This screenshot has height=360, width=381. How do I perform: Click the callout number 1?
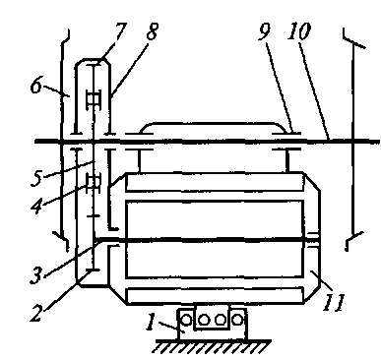[151, 322]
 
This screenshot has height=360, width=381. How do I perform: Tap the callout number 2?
[37, 313]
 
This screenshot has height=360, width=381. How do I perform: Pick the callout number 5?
[36, 178]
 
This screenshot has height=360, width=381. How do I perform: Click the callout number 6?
[36, 86]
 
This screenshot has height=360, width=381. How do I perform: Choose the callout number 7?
[118, 31]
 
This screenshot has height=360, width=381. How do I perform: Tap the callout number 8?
[152, 31]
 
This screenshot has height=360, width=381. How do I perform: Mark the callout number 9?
[265, 31]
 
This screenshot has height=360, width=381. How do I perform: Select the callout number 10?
[298, 31]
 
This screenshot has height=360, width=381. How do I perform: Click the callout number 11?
[334, 302]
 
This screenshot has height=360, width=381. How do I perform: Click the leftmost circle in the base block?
[186, 320]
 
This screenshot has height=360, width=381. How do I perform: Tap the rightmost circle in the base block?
[237, 320]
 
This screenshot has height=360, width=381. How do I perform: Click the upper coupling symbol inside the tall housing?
[94, 98]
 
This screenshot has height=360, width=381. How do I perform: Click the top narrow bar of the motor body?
[215, 182]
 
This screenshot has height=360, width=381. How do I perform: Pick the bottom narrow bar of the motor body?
[215, 295]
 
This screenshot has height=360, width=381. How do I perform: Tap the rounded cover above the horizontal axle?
[214, 128]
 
